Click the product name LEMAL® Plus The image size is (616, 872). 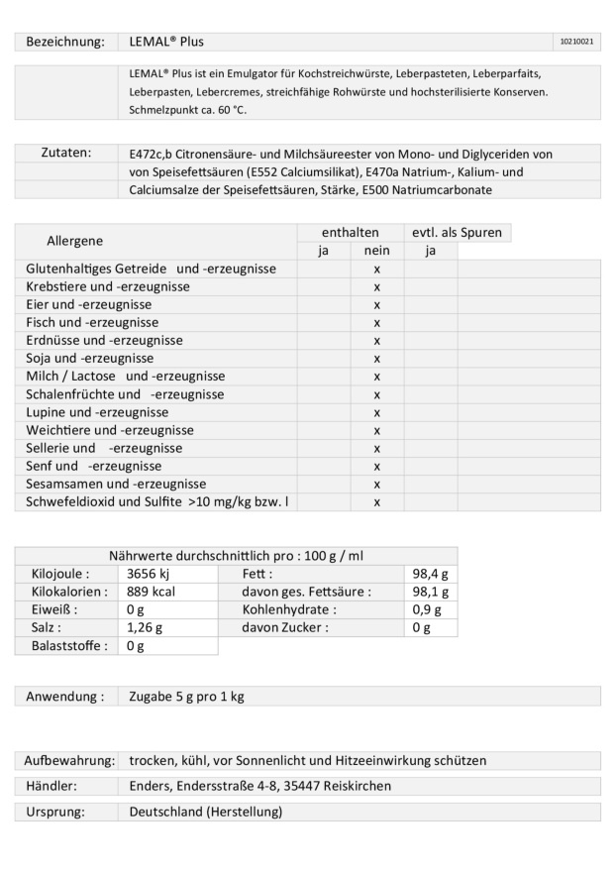167,42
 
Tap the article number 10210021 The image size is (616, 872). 576,42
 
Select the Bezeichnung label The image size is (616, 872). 65,42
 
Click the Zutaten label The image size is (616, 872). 66,154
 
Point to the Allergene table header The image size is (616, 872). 76,242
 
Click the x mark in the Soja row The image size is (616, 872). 377,359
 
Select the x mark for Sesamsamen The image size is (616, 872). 377,485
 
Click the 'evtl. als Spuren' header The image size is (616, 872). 458,233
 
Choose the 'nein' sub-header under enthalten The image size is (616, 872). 377,251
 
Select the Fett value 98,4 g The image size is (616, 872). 430,574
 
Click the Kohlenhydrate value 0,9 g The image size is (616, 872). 428,609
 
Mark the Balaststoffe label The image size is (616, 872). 65,646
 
